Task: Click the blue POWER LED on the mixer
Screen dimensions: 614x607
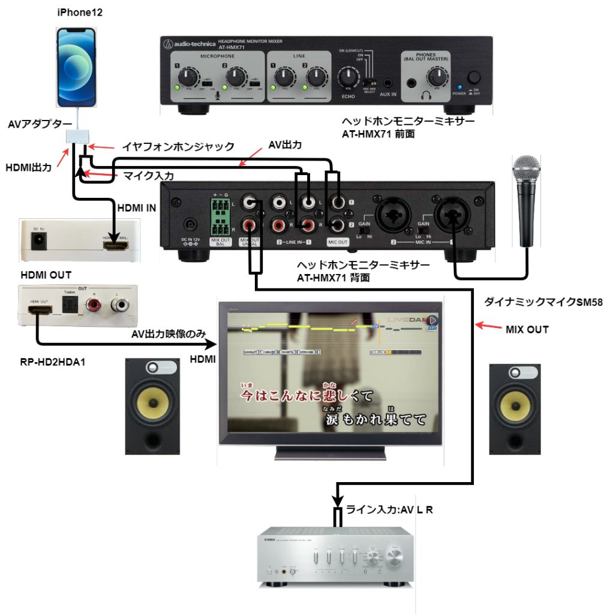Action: coord(460,87)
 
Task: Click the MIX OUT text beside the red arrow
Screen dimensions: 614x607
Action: coord(527,329)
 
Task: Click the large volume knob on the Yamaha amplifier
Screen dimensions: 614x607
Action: coord(395,557)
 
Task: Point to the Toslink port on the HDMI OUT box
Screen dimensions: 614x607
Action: coord(69,307)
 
